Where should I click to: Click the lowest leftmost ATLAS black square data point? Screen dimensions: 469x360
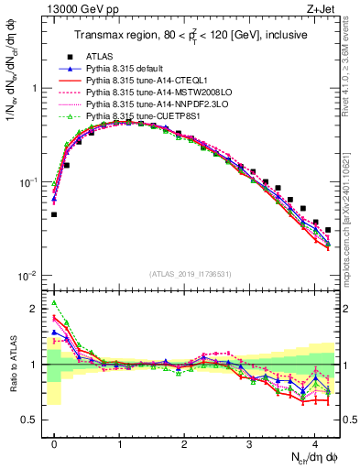(54, 214)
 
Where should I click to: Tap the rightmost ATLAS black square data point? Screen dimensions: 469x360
(328, 230)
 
